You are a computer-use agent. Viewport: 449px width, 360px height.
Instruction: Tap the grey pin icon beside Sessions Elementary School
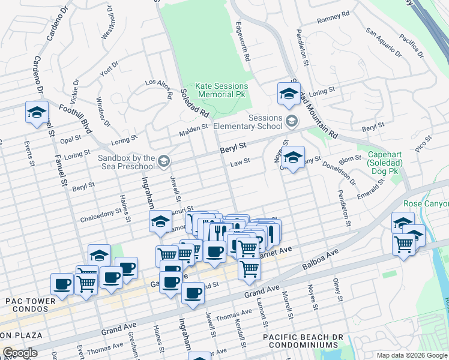tap(292, 121)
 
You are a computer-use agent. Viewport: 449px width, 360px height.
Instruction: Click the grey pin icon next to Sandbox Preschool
tap(164, 161)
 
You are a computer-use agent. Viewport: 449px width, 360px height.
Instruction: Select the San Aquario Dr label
tap(384, 40)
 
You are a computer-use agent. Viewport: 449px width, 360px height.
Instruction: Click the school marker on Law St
tap(292, 158)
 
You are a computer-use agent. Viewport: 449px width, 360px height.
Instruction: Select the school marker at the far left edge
tap(36, 112)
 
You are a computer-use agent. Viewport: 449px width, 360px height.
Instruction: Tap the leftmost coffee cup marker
tap(62, 284)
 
